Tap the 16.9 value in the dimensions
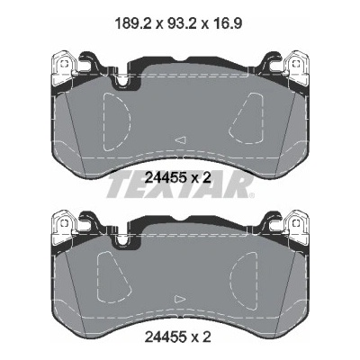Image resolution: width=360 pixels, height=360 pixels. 229,23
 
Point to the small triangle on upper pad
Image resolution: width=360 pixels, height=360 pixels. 181,139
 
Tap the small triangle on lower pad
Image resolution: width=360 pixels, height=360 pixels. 181,299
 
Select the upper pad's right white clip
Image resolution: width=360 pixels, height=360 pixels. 295,65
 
